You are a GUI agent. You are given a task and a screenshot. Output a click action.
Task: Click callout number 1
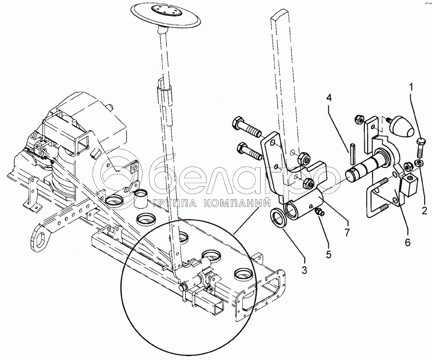[x=411, y=87]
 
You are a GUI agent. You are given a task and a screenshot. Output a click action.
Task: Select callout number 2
[x=425, y=211]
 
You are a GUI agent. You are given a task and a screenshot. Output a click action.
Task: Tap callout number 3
[x=304, y=270]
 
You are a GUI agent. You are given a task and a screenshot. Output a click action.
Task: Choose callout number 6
[x=408, y=242]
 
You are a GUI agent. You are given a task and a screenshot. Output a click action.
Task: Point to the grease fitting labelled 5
[x=320, y=212]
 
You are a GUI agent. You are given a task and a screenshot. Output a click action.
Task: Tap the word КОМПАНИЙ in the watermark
[x=237, y=204]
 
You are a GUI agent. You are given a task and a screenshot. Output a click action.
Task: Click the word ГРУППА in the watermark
[x=176, y=204]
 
